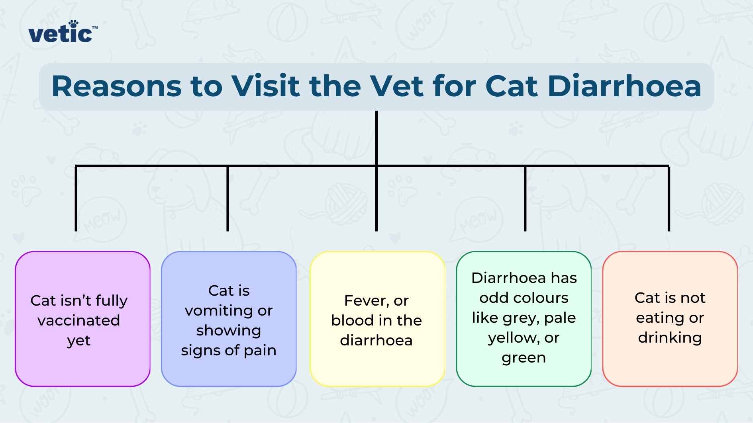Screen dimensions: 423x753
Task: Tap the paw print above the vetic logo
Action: pos(73,23)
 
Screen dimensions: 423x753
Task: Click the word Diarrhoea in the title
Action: pos(624,86)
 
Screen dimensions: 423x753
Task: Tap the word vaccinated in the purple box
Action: pos(78,320)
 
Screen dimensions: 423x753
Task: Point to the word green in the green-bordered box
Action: pos(524,358)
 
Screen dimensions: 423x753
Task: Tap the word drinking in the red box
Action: pos(670,337)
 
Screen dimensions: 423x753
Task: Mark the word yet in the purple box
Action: pos(78,341)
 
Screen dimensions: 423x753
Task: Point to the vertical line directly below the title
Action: pos(376,137)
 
